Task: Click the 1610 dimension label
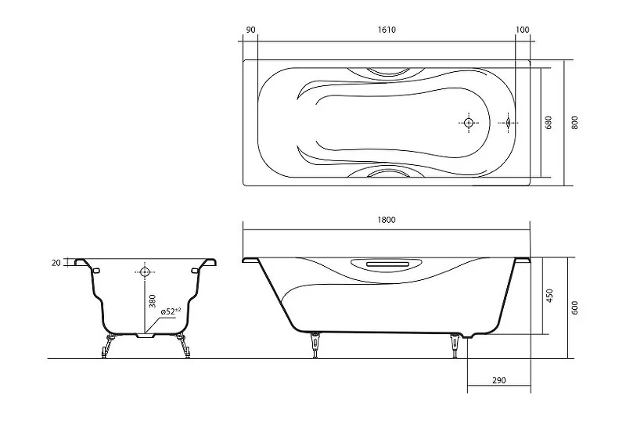click(x=386, y=30)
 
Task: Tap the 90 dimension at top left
click(x=250, y=30)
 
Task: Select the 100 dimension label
click(x=522, y=30)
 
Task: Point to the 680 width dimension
click(x=549, y=122)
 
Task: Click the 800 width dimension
click(x=574, y=122)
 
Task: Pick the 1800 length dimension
click(x=386, y=220)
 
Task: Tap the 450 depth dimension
click(x=549, y=296)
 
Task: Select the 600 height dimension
click(x=574, y=307)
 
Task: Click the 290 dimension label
click(x=498, y=380)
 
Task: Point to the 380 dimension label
click(x=152, y=301)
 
